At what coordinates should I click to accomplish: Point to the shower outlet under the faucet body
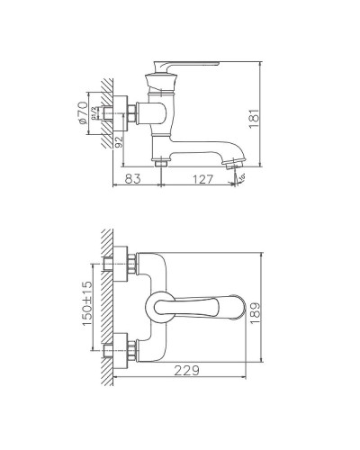[162, 163]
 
